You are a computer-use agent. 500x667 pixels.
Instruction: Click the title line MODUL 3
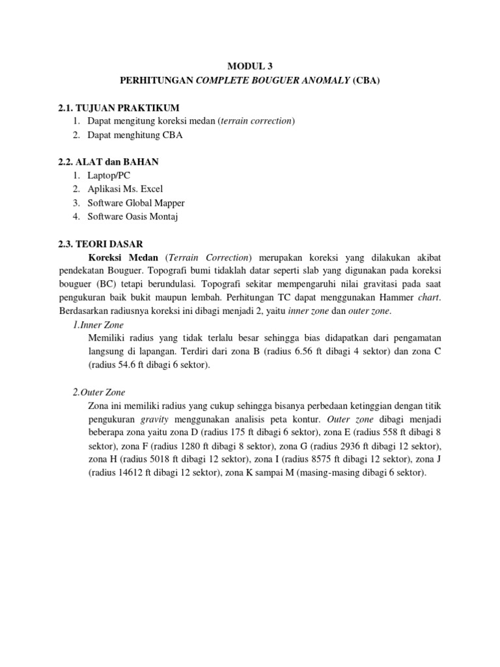click(250, 66)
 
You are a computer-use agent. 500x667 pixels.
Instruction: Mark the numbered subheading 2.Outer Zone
click(99, 392)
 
